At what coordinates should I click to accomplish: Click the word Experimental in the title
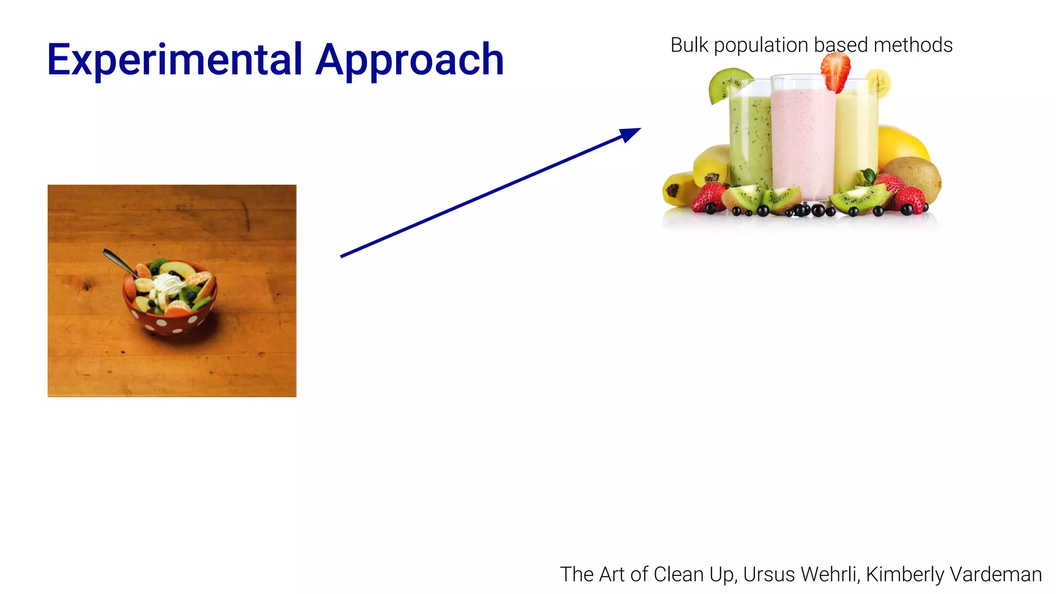174,60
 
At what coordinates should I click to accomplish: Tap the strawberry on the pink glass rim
836,71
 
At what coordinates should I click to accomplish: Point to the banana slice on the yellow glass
878,83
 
